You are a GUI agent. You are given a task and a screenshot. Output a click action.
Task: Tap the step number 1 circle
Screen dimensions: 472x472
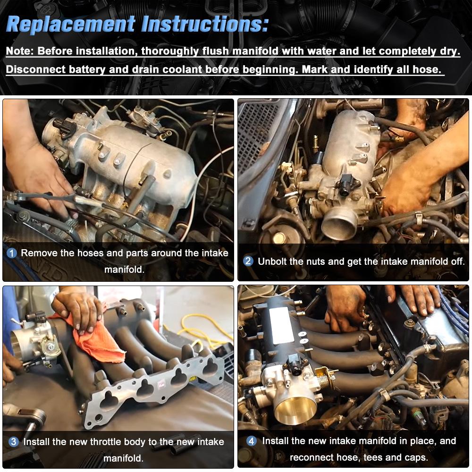coord(12,253)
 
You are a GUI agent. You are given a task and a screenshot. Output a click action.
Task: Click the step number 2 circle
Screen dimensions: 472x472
coord(248,261)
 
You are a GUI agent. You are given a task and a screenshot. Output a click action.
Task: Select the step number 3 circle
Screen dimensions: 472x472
coord(14,442)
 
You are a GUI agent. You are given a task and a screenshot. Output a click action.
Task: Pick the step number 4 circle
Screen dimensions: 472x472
coord(252,441)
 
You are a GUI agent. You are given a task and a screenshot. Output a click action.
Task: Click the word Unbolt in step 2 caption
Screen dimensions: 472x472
coord(274,261)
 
